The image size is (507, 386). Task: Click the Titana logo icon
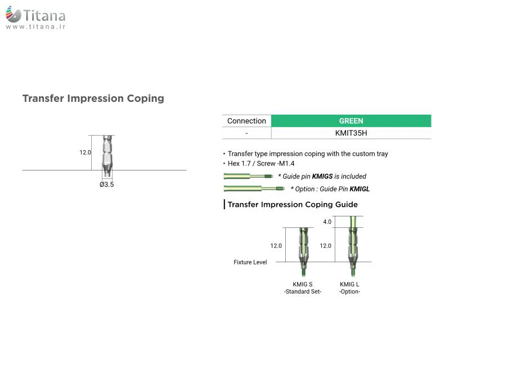click(14, 14)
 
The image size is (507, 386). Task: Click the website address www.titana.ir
click(35, 27)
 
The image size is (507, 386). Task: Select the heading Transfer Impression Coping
click(93, 98)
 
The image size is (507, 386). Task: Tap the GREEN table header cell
click(351, 121)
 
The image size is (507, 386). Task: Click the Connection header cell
click(246, 121)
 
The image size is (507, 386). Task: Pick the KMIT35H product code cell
click(351, 133)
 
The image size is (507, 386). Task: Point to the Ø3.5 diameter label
click(107, 185)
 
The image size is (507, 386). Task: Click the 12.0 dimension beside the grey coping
click(85, 152)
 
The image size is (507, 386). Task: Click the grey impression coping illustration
click(107, 156)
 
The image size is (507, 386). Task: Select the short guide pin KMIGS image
click(248, 176)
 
